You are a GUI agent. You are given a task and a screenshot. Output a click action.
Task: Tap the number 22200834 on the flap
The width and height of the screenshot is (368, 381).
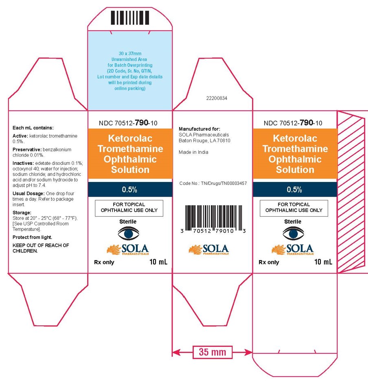pos(217,98)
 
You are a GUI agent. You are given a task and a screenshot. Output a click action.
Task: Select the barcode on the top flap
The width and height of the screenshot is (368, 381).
pos(130,18)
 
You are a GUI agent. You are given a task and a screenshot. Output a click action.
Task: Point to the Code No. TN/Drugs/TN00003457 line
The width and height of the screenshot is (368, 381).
pos(213,184)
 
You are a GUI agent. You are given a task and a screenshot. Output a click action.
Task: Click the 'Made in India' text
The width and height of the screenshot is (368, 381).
pos(194,152)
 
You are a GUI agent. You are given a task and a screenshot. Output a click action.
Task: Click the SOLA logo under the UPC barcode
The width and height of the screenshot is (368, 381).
pos(209,249)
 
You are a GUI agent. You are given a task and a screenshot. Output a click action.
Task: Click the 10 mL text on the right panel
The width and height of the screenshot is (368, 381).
pos(323,262)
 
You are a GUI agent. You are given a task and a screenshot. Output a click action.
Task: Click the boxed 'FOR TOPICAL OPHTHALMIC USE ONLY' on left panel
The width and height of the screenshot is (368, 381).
pos(129,208)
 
